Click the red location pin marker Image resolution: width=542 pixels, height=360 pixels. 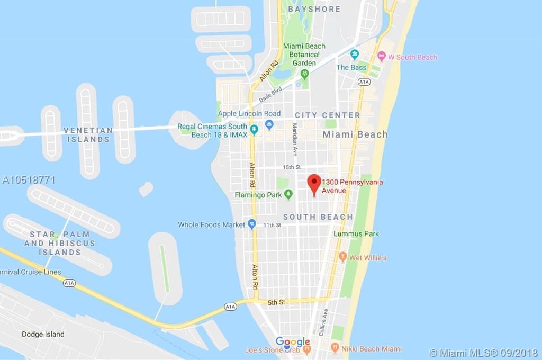coord(314,184)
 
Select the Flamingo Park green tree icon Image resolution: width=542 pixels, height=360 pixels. coord(288,195)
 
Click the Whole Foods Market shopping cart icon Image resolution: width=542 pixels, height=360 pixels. coord(252,224)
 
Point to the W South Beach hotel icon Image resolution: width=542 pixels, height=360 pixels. coord(382,57)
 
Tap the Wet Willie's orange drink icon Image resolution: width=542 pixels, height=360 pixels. coord(342,257)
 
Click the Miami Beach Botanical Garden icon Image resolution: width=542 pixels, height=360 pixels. coord(304,74)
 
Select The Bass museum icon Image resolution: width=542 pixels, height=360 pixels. coord(354,54)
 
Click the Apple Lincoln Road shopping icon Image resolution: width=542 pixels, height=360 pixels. coord(269,124)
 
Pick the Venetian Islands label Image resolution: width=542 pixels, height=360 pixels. coord(88,134)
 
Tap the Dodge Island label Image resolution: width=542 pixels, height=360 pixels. coord(43,334)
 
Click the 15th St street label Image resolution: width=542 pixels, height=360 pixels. coord(292,167)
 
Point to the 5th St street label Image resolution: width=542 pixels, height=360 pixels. coord(276,302)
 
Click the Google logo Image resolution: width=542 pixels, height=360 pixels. coord(293,342)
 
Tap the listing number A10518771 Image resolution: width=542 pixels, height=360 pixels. coord(29,180)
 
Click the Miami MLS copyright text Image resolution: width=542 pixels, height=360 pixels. coord(483,353)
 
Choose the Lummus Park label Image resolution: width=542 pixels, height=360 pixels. coord(356,233)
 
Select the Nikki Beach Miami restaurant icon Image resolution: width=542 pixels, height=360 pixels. coord(335,348)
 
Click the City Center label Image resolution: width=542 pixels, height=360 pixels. coord(327,115)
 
